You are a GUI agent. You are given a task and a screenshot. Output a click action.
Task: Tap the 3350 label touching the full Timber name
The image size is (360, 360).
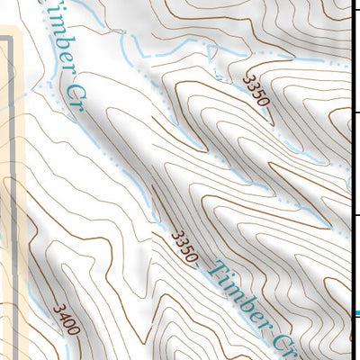pyautogui.click(x=184, y=247)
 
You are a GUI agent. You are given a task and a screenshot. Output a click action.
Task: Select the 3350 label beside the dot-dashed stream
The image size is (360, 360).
pyautogui.click(x=256, y=90)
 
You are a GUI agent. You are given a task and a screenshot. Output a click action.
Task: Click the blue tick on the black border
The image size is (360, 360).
pyautogui.click(x=355, y=313)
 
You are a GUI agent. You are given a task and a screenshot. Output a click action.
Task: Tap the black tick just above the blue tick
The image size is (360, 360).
pyautogui.click(x=355, y=216)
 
